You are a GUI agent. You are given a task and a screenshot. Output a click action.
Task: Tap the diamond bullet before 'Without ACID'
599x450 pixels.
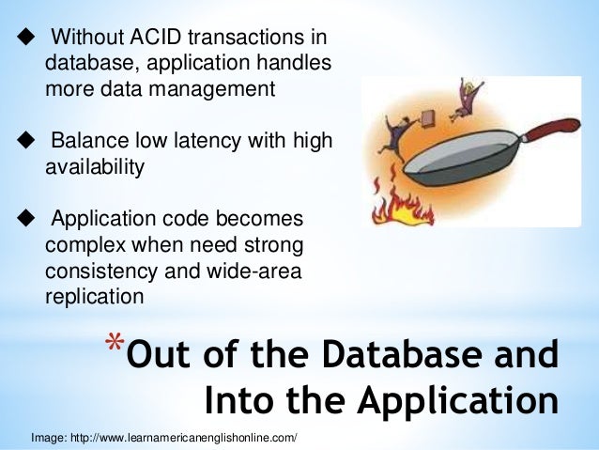(23, 39)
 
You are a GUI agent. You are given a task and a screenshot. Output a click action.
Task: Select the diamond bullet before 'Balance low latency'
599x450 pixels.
(23, 141)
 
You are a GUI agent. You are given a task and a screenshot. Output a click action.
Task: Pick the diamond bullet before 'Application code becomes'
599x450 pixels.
(23, 219)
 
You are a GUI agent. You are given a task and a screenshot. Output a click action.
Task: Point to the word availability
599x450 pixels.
(95, 167)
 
